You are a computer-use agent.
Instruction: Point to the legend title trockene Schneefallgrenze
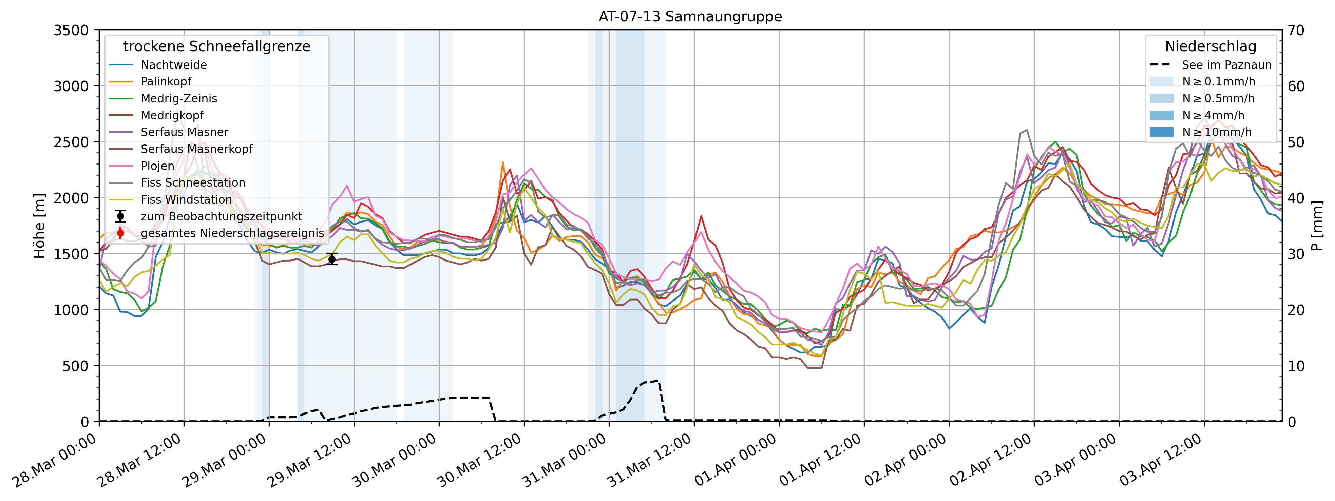[x=217, y=46]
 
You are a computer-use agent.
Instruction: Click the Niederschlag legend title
[x=1210, y=46]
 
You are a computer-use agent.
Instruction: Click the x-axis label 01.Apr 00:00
[x=736, y=460]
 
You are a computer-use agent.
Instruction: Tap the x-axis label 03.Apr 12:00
[x=1161, y=460]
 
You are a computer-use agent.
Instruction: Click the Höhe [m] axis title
[x=39, y=226]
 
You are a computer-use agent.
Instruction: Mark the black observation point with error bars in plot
[x=332, y=259]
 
